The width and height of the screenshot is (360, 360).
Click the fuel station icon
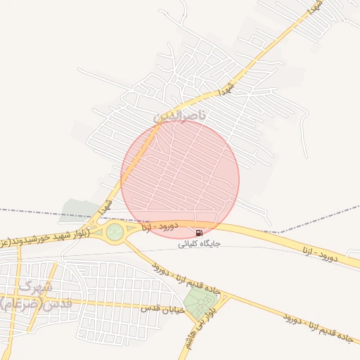tap(200, 233)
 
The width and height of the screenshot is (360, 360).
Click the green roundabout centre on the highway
tap(115, 231)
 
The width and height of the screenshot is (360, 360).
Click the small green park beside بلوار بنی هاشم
tap(201, 303)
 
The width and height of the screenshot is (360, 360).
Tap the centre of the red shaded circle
tap(180, 179)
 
